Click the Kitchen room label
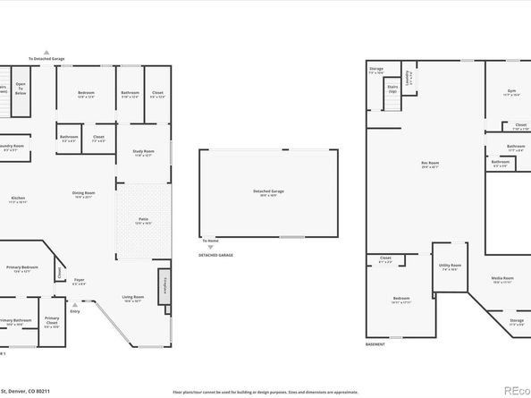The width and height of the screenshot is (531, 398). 18,199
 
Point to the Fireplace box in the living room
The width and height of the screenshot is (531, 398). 164,285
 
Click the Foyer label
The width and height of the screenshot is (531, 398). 79,281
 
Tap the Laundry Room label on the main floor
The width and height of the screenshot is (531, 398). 13,146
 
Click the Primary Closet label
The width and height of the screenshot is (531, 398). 52,320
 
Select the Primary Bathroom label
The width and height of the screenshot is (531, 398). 15,321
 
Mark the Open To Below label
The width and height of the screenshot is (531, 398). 21,89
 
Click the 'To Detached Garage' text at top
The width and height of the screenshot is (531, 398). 46,59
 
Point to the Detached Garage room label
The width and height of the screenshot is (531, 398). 268,191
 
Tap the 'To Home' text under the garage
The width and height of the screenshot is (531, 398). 210,241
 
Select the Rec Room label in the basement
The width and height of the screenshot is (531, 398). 429,164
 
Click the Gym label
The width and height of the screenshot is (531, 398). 510,92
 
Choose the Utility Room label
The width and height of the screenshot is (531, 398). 450,266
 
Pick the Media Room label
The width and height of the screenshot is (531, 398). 502,279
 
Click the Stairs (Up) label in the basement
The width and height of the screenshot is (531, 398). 392,88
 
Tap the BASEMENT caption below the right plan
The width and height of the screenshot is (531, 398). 375,344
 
